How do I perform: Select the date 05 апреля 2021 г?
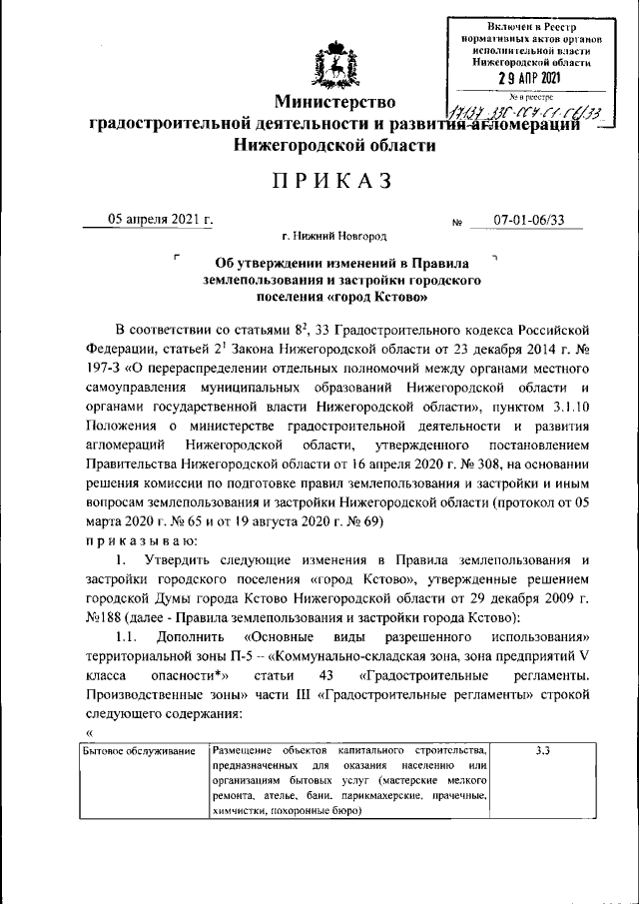161,220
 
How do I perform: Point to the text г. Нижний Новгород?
333,237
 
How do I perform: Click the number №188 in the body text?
101,616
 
